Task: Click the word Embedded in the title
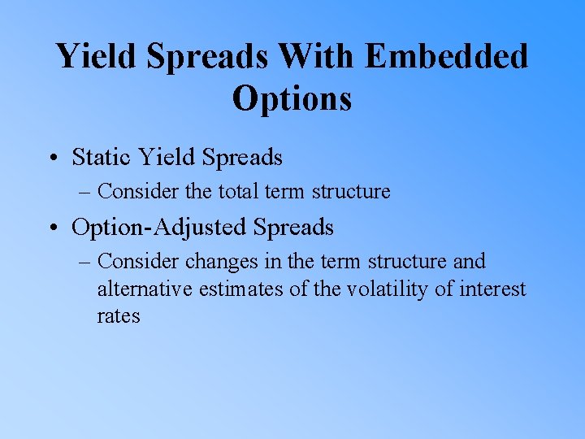coord(446,57)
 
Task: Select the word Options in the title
coord(292,98)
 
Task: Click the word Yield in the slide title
coord(89,57)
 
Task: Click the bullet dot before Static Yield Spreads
coord(60,158)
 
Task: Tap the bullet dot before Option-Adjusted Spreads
coord(60,228)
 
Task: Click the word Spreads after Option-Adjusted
coord(293,228)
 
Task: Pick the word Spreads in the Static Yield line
coord(241,156)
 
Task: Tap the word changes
coord(217,262)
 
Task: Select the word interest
coord(492,289)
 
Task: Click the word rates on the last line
coord(119,317)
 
